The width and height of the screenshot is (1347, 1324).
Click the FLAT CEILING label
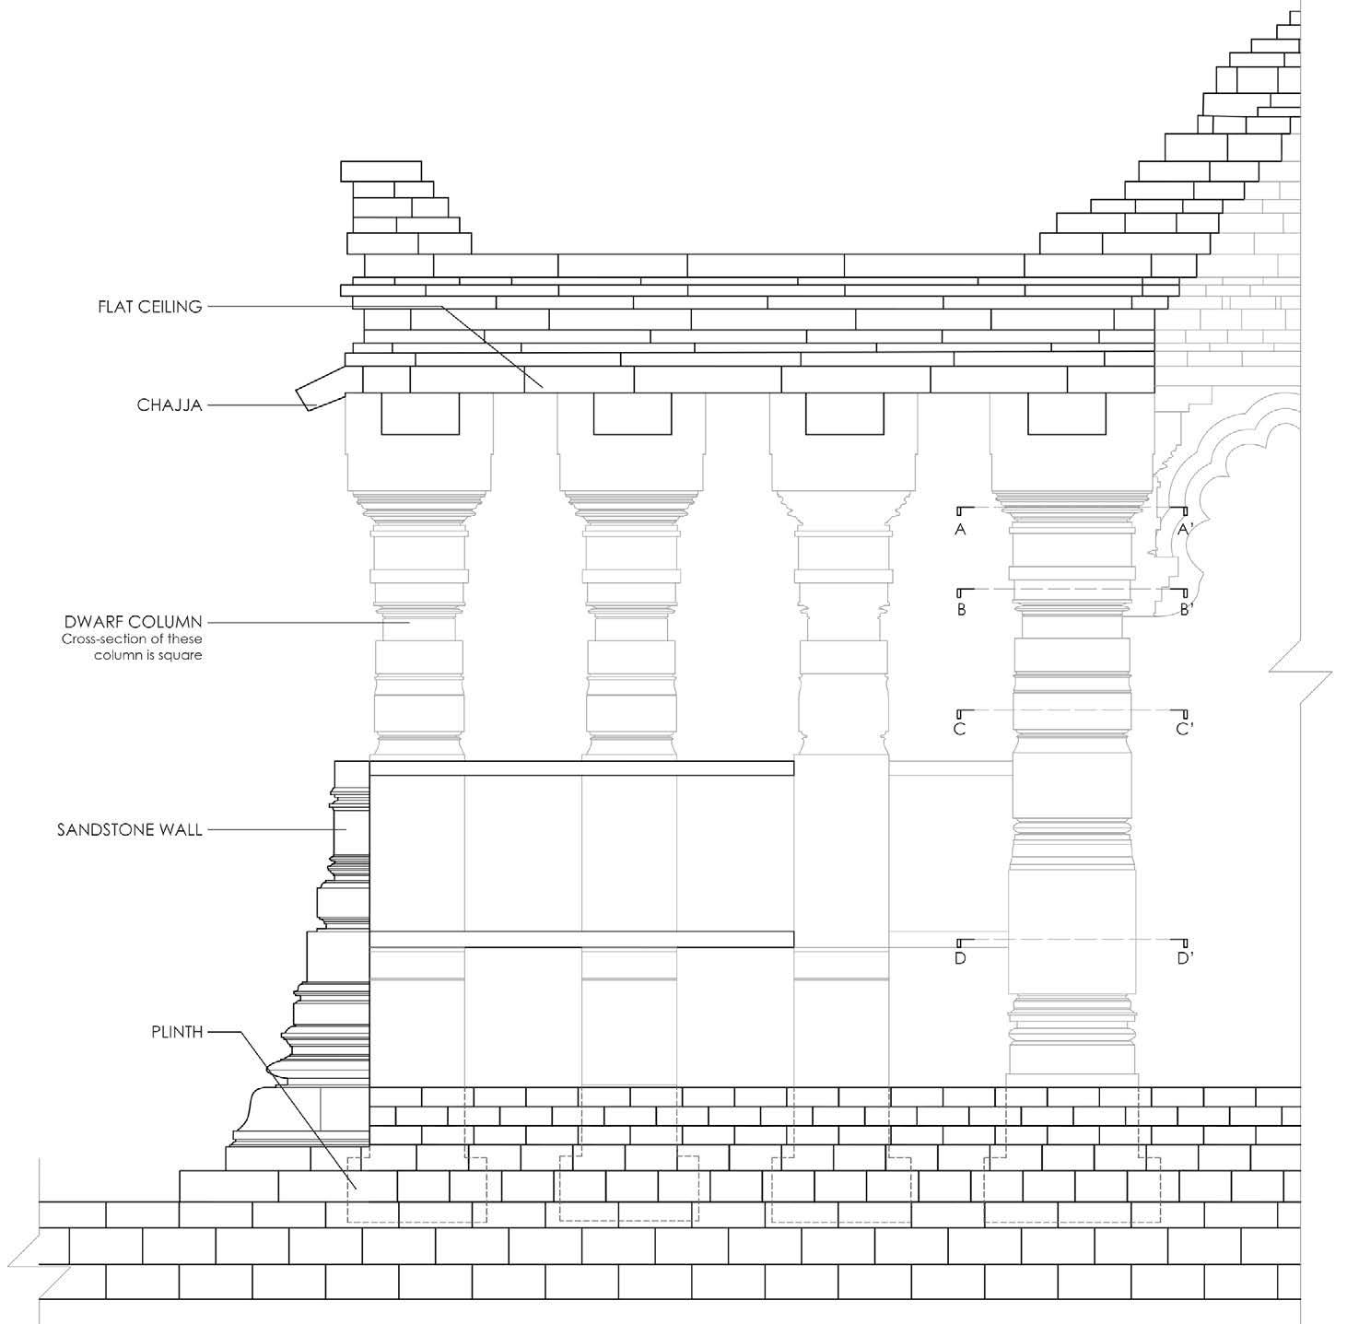point(150,307)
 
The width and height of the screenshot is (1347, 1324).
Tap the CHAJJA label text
point(170,404)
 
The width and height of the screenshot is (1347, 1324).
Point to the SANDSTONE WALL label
point(129,830)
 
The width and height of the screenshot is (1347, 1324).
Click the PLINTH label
point(177,1032)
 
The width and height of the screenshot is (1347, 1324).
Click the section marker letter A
point(961,530)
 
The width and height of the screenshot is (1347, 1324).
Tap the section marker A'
point(1186,530)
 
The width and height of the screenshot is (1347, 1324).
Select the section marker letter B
point(961,610)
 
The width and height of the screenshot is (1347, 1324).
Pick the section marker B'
point(1186,610)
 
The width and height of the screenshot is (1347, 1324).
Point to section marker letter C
point(960,730)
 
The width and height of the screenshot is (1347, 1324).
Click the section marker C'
point(1185,730)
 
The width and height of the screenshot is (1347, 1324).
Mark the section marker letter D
point(960,959)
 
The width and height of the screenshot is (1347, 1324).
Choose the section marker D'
point(1185,959)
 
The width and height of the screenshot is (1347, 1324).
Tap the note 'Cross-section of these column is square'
point(132,647)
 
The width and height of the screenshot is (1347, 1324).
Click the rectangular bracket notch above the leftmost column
point(420,414)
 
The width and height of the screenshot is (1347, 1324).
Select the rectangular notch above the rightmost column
point(1066,414)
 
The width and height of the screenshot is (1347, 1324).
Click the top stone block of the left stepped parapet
point(381,171)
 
